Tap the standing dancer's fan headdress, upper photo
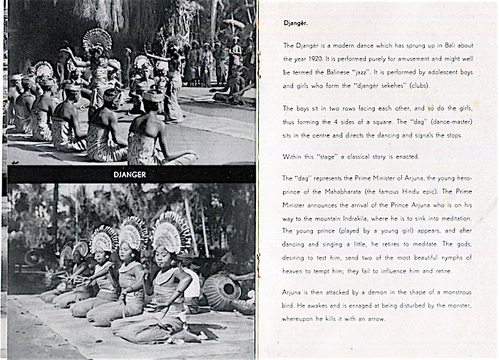97,40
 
